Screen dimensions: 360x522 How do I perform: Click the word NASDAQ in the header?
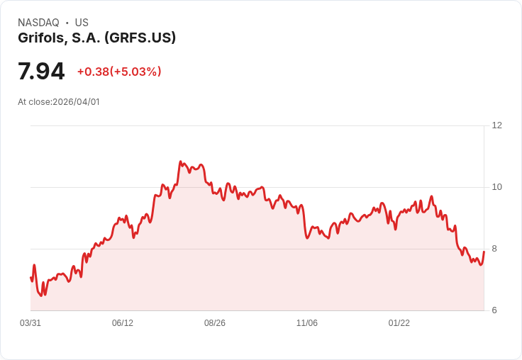[x=38, y=23]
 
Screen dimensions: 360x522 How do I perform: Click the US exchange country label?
[x=82, y=23]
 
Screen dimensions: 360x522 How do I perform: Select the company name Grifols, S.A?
[x=59, y=38]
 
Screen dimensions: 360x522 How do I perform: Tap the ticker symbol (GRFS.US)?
[x=140, y=38]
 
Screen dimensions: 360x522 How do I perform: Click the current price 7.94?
[x=41, y=71]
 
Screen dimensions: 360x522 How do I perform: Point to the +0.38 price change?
[x=93, y=72]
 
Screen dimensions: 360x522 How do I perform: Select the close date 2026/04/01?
[x=76, y=102]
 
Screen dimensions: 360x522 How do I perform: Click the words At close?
[x=34, y=102]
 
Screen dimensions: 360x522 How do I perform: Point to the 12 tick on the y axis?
[x=496, y=125]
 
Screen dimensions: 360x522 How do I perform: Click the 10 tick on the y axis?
[x=496, y=187]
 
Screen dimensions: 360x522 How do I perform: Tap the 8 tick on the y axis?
[x=494, y=249]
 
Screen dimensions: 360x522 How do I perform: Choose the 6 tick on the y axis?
[x=494, y=310]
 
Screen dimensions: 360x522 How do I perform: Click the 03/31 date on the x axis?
[x=30, y=323]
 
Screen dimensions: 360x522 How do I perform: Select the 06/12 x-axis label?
[x=123, y=323]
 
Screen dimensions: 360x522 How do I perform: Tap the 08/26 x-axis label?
[x=215, y=323]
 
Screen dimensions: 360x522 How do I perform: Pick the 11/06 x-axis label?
[x=307, y=323]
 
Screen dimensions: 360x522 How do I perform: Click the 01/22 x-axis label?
[x=399, y=323]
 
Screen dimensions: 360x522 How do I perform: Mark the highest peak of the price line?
[x=181, y=162]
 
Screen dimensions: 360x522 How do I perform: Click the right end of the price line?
[x=484, y=252]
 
